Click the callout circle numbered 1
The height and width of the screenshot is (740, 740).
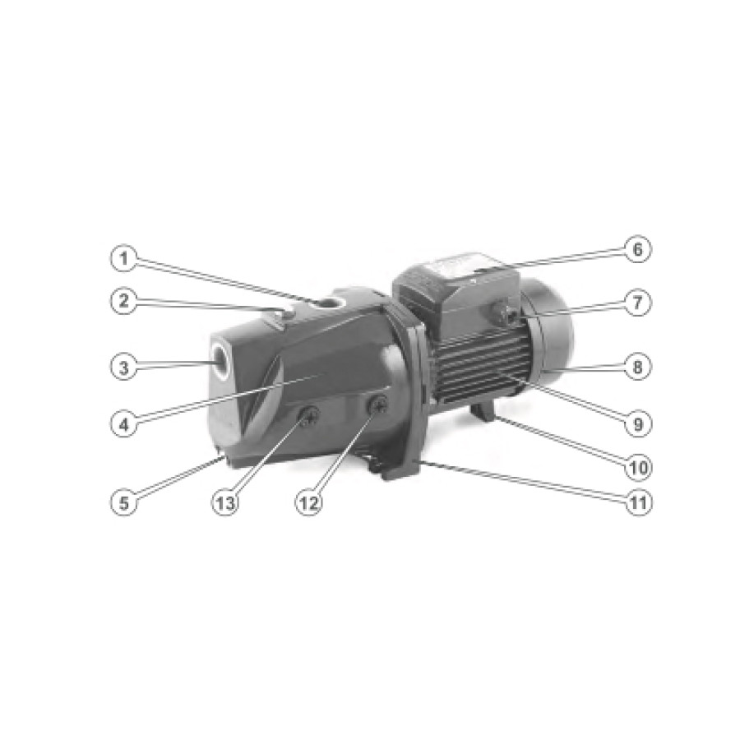123,259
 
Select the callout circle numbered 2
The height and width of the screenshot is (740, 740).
123,301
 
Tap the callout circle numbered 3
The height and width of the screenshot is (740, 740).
123,367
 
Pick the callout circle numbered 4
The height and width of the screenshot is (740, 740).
123,424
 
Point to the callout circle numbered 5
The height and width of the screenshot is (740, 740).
123,502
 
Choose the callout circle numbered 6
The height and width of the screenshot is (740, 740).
637,248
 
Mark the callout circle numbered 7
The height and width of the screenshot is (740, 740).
637,303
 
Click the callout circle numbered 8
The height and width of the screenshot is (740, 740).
637,367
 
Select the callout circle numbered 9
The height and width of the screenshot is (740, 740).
637,423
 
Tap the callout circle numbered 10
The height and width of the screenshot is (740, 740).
637,466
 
